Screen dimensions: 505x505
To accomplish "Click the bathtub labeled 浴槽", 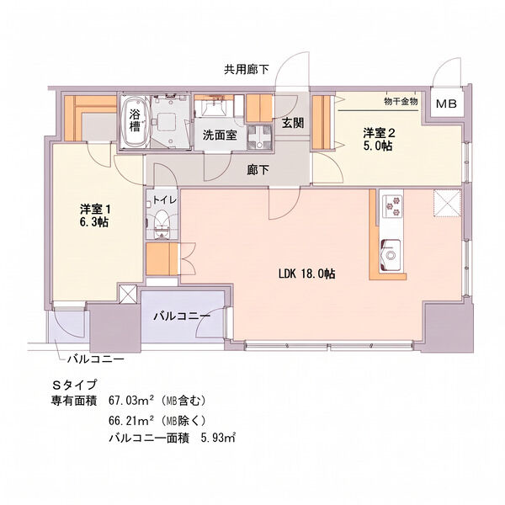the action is (x=136, y=122).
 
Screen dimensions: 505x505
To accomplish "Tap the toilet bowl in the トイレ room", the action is (x=162, y=225).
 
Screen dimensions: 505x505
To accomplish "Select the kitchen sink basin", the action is (x=391, y=254).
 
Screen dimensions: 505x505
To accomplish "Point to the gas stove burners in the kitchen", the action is (x=392, y=206).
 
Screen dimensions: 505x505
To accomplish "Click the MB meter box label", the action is (x=446, y=104).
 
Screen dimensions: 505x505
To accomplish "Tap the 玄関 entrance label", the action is (x=293, y=123).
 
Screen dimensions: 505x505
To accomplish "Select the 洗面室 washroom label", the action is (x=220, y=136).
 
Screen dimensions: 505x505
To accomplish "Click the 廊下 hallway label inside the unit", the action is (x=258, y=170).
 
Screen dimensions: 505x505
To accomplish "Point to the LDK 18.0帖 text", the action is (x=306, y=274).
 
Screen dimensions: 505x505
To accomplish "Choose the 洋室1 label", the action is (x=95, y=210).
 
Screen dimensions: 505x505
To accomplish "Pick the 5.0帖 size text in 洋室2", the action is (x=378, y=146).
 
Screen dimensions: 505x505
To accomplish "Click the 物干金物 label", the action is (x=401, y=102).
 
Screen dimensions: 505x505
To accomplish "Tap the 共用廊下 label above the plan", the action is (x=247, y=69).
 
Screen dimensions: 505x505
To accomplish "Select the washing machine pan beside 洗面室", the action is (x=259, y=137).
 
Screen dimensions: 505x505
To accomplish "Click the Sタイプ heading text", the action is (x=75, y=385).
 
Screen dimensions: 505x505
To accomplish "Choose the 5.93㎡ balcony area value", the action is (x=218, y=438).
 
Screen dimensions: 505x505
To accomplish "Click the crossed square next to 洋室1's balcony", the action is (x=128, y=294).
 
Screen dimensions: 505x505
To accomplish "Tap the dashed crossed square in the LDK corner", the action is (x=448, y=203).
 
